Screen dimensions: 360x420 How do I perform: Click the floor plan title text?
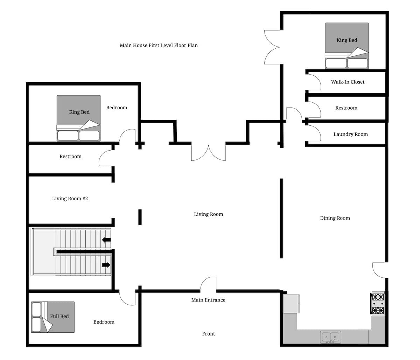pos(159,46)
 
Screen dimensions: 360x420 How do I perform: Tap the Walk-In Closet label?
pos(348,82)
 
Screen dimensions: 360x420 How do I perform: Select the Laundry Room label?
pos(350,134)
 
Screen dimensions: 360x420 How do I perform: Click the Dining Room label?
pos(335,218)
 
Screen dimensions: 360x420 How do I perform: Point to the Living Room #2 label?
pos(70,199)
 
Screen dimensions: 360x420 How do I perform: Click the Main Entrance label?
pos(208,300)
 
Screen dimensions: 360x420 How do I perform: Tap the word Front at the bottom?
pos(208,334)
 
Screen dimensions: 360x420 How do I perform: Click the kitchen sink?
pos(330,337)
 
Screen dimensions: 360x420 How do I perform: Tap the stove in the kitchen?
pos(378,304)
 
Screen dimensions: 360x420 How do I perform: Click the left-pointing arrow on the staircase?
pos(106,240)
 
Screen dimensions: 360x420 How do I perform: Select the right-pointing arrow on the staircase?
pos(106,265)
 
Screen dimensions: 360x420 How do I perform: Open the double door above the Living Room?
pos(208,153)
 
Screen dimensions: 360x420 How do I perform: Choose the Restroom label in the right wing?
pos(346,108)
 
